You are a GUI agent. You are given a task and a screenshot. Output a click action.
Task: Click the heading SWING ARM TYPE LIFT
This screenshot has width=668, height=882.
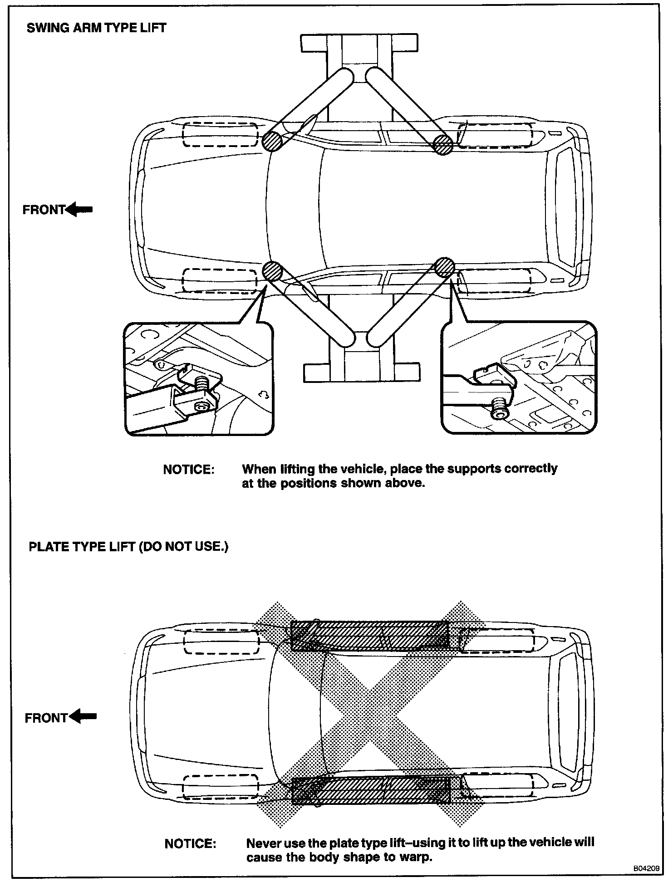pyautogui.click(x=96, y=28)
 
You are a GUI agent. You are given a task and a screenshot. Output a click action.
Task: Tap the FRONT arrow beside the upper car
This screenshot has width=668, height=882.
pyautogui.click(x=79, y=210)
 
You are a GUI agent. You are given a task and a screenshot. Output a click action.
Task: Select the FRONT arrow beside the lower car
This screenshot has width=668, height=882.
pyautogui.click(x=82, y=717)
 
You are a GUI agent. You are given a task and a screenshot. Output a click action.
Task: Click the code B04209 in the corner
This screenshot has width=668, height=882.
pyautogui.click(x=646, y=868)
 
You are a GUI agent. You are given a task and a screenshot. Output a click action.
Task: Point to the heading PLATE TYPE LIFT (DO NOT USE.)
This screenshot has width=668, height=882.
pyautogui.click(x=128, y=546)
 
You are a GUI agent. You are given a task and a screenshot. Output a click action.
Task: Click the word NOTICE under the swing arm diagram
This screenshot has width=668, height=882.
pyautogui.click(x=188, y=470)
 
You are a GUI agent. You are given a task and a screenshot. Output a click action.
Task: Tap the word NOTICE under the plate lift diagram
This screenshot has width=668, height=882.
pyautogui.click(x=190, y=844)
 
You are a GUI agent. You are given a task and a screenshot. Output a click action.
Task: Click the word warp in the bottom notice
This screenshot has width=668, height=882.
pyautogui.click(x=416, y=857)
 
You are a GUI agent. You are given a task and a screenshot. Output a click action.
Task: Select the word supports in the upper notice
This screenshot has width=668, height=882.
pyautogui.click(x=475, y=469)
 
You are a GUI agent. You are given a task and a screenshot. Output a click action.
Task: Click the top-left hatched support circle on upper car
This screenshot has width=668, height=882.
pyautogui.click(x=272, y=141)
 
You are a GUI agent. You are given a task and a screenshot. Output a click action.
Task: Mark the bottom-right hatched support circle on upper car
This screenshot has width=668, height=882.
pyautogui.click(x=444, y=268)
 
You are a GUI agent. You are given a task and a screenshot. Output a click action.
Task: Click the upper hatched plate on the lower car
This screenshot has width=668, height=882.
pyautogui.click(x=369, y=636)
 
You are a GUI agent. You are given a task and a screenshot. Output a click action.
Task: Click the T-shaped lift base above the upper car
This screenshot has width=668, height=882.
pyautogui.click(x=359, y=45)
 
